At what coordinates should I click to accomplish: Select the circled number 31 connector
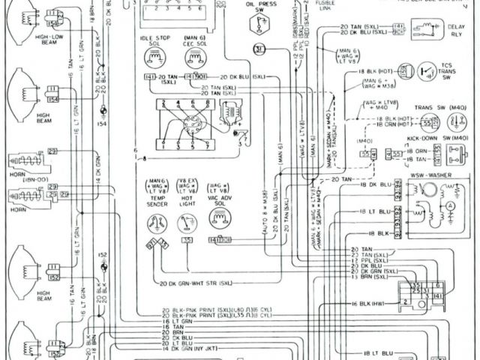coord(259,50)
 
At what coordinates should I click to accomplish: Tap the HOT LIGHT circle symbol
coord(185,220)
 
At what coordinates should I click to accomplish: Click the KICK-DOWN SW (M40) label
coord(443,138)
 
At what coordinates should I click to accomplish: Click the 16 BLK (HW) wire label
coord(369,304)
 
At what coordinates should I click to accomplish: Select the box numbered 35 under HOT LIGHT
coord(185,240)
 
